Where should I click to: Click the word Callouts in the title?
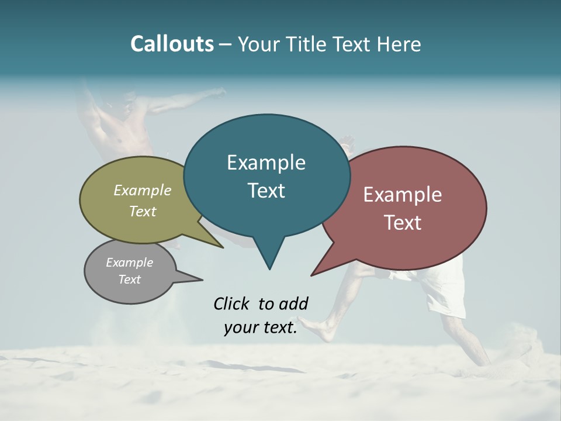(172, 44)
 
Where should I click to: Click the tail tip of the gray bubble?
(202, 279)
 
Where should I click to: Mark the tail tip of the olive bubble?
(223, 247)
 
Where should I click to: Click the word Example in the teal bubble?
(266, 163)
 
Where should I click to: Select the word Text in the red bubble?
(403, 223)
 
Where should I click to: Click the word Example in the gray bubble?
(129, 263)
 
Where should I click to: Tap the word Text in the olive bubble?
(143, 212)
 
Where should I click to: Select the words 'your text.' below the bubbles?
(261, 327)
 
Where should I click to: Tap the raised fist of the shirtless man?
(220, 91)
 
